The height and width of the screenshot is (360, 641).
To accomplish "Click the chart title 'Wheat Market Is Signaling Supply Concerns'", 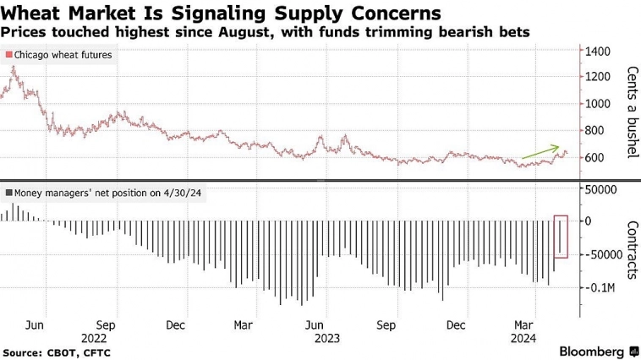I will coord(222,14).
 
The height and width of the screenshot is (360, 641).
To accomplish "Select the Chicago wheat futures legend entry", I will coord(59,55).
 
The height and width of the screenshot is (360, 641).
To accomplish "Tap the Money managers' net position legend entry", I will coord(106,193).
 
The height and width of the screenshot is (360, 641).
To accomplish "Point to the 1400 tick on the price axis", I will coord(597,51).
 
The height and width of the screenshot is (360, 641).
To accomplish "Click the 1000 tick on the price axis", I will coord(597,104).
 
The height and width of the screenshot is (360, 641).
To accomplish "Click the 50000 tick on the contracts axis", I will coord(600,191).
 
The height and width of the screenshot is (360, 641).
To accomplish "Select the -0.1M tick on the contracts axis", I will coord(598,287).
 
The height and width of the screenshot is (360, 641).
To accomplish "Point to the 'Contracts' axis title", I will coord(630,249).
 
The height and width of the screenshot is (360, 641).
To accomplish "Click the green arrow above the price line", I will coord(542,152).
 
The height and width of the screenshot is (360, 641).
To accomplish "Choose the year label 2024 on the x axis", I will coord(525,337).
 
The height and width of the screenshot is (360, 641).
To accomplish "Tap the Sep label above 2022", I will coord(107,325).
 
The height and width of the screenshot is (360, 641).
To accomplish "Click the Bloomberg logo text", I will coord(592,349).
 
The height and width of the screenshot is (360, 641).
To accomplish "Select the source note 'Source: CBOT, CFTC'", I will coord(57,352).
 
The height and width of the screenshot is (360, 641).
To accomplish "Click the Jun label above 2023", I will coord(315,325).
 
